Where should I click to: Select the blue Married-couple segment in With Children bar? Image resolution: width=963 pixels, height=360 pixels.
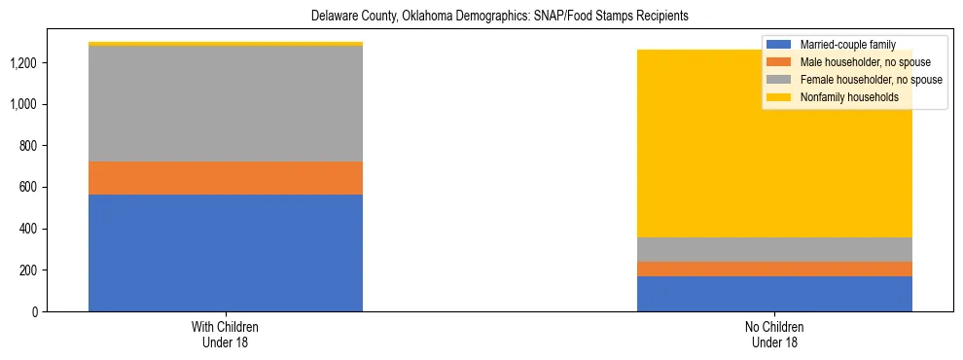[226, 253]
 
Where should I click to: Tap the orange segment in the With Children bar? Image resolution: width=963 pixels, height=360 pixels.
[226, 178]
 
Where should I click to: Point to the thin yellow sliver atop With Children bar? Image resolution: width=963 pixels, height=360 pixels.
[226, 44]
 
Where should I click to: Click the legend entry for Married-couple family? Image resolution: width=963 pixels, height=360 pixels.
[845, 45]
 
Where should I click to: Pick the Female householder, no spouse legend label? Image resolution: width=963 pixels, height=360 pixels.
[870, 80]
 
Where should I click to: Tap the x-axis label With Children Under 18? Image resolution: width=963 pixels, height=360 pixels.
[226, 335]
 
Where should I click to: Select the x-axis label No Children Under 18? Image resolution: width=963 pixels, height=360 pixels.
[774, 335]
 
